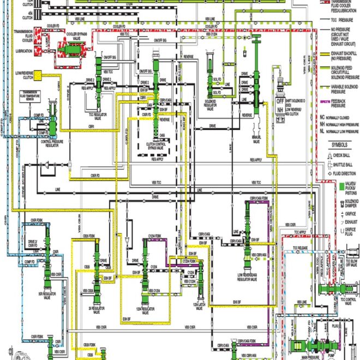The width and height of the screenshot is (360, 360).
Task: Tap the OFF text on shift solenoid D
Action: click(280, 101)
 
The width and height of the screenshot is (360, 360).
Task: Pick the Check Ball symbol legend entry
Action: click(346, 155)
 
